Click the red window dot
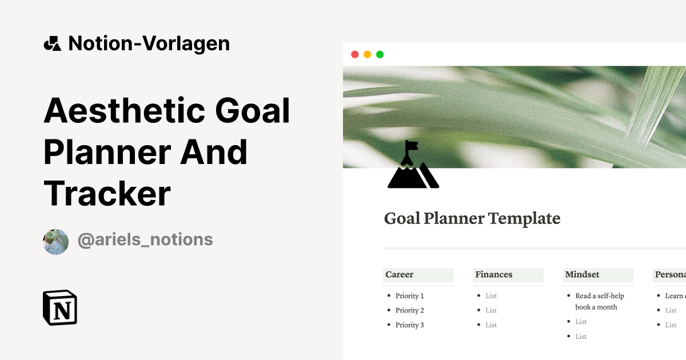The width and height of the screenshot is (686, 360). (x=354, y=54)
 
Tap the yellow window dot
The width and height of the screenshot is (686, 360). (x=367, y=54)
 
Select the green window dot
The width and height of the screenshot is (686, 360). (x=380, y=54)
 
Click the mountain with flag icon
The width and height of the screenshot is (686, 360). (x=413, y=165)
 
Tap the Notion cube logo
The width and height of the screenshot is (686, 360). (x=59, y=307)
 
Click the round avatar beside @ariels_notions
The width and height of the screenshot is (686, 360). (x=56, y=242)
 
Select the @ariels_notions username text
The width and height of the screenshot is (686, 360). (x=145, y=240)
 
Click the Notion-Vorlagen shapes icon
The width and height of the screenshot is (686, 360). (x=52, y=43)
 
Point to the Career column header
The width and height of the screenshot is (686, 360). (x=400, y=275)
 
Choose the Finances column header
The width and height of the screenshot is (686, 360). (x=494, y=275)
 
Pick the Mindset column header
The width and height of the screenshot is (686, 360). (x=583, y=275)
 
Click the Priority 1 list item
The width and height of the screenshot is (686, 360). (x=410, y=296)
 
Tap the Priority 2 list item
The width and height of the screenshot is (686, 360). (x=410, y=310)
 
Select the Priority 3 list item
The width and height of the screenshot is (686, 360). (x=410, y=325)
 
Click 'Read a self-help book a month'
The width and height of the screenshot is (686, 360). (x=599, y=301)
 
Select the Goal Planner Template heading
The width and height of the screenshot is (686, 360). (x=472, y=218)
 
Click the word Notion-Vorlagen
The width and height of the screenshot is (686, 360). (x=149, y=43)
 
